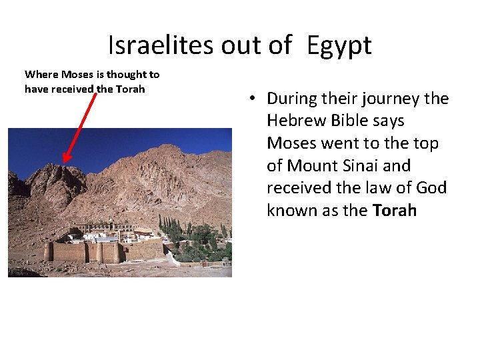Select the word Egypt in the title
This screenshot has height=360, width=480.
pos(339,45)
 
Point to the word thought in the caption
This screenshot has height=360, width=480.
pos(127,75)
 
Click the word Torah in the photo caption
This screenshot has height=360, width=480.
pos(130,89)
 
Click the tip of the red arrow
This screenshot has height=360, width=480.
pos(63,162)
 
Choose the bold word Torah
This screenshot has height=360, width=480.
pos(395,211)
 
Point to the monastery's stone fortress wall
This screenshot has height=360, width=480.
pos(100,253)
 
